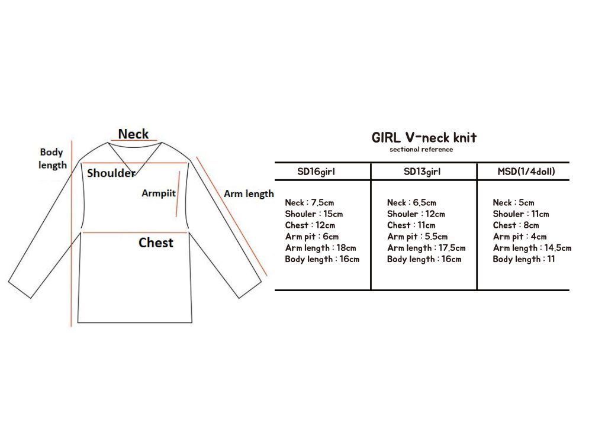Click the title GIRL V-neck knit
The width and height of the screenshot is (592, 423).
point(424,138)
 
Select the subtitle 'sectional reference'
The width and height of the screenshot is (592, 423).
point(421,150)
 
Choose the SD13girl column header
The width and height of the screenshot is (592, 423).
point(423,172)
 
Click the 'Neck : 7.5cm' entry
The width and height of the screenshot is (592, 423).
point(310,203)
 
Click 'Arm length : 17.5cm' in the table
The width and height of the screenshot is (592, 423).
point(426,248)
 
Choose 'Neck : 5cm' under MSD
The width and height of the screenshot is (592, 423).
point(513,203)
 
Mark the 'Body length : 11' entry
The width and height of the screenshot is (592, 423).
point(524,259)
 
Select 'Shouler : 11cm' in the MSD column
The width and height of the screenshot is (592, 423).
point(521,214)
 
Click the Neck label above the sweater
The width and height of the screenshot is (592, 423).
point(133,134)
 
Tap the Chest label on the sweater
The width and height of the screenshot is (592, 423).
point(156,243)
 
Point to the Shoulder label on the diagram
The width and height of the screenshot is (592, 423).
point(111,173)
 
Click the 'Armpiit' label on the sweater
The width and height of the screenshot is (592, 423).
point(158,193)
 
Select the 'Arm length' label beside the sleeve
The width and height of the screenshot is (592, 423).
point(249,193)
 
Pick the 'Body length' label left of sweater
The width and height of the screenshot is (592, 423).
point(53,159)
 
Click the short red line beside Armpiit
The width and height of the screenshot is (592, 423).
point(178,190)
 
